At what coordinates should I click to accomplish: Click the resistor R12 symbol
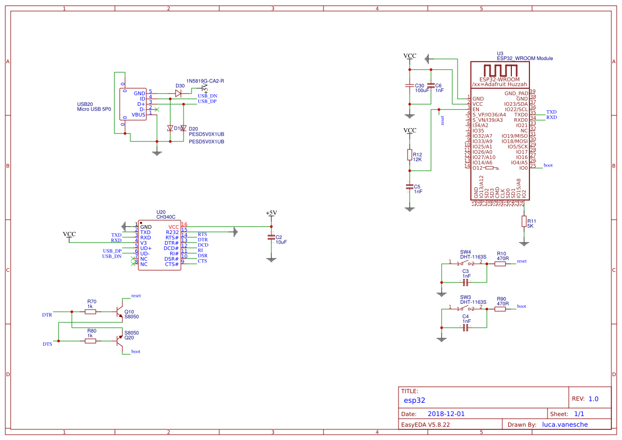[409, 155]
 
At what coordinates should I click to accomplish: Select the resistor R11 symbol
[524, 222]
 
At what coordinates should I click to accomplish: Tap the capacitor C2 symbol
[271, 237]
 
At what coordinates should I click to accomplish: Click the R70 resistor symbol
[91, 312]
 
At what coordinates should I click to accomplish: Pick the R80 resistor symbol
[91, 341]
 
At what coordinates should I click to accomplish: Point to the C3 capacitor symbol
[466, 282]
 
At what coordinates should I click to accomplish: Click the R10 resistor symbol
[500, 263]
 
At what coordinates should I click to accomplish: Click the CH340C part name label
[165, 217]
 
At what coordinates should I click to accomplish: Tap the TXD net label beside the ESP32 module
[551, 112]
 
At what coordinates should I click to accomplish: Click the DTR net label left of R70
[47, 315]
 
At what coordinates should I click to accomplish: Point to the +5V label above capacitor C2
[271, 213]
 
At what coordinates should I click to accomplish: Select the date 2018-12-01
[446, 414]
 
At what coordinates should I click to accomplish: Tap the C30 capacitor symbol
[409, 85]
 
